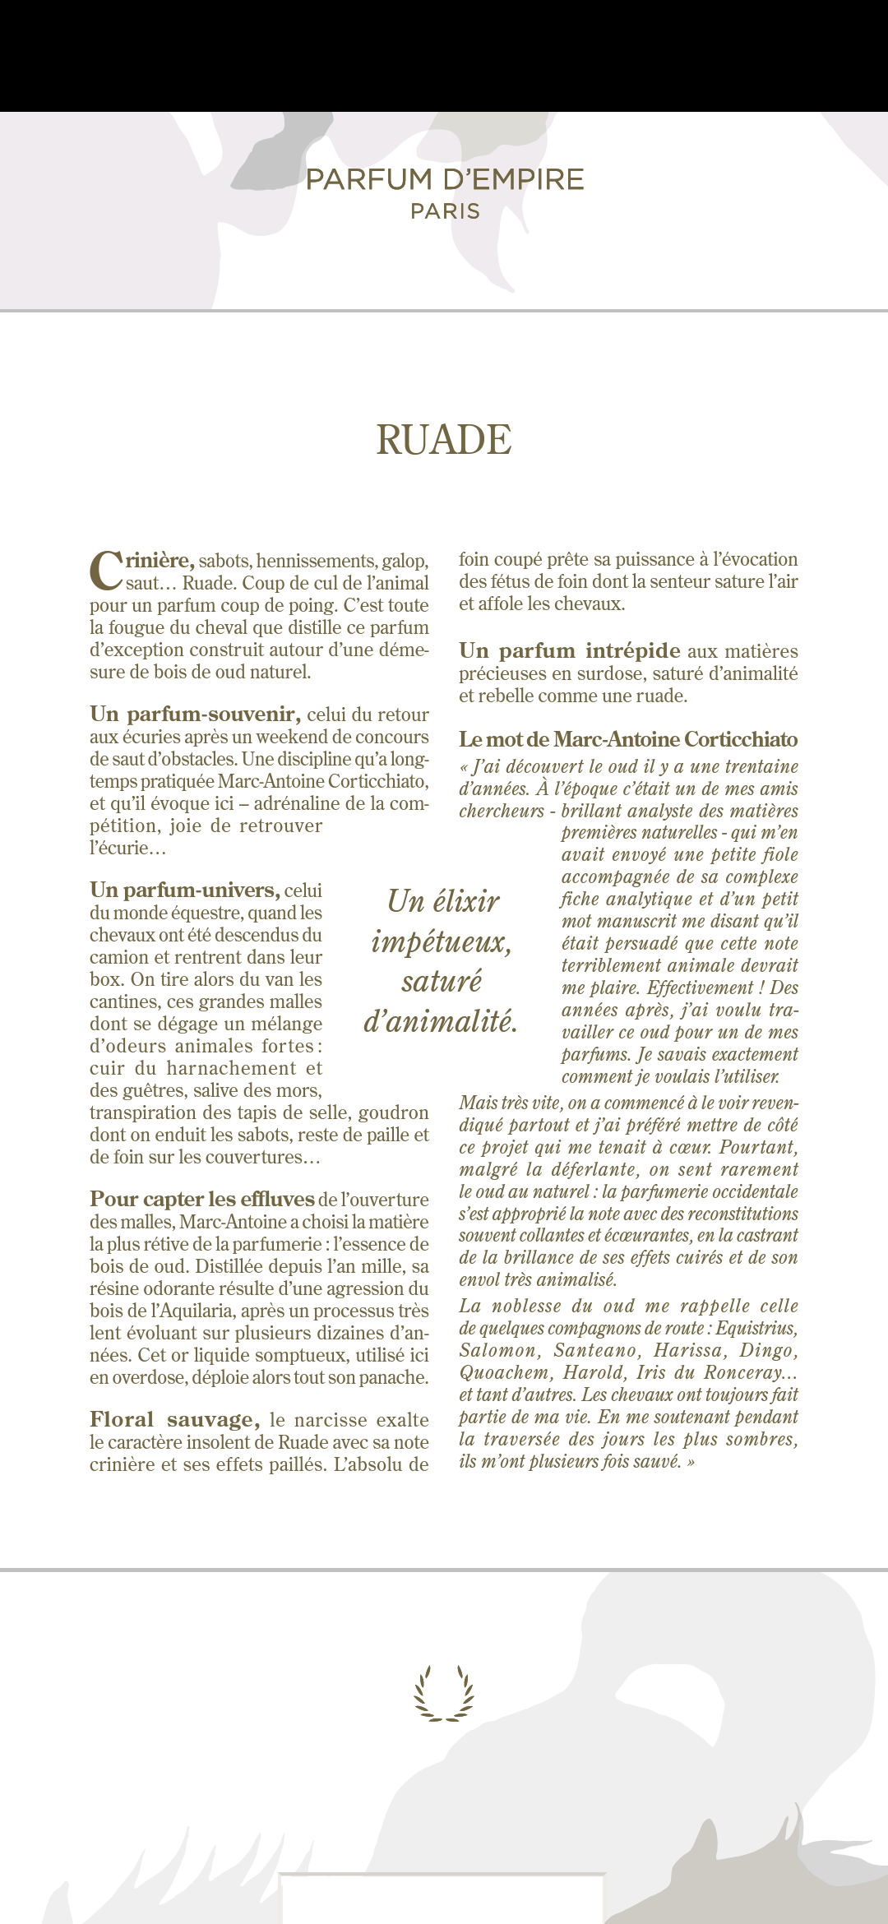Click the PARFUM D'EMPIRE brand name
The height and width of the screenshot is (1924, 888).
point(444,179)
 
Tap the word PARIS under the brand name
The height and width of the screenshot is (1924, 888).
point(445,211)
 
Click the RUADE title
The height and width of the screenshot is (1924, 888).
point(444,440)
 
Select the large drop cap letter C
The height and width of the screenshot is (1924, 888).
point(106,570)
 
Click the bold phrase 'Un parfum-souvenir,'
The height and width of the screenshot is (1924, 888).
point(195,714)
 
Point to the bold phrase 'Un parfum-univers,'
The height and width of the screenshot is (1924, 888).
point(185,890)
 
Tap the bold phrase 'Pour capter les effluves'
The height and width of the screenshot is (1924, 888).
point(202,1199)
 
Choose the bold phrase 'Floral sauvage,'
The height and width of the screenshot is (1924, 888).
point(174,1419)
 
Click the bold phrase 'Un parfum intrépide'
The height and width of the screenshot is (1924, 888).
point(569,650)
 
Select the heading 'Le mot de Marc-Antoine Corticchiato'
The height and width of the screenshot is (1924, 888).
point(628,739)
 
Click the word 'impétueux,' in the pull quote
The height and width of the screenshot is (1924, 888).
point(442,941)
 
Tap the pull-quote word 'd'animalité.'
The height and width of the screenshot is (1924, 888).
point(441,1021)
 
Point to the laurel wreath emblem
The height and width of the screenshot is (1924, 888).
point(444,1693)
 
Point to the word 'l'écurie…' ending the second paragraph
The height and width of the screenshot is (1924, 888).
point(127,848)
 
